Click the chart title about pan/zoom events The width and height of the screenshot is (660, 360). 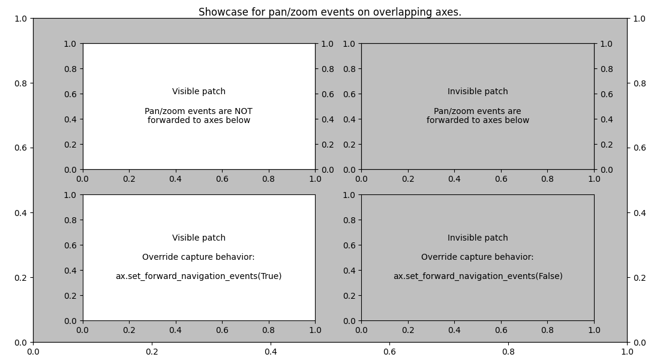(x=330, y=12)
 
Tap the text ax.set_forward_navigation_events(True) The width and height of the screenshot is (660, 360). (x=199, y=277)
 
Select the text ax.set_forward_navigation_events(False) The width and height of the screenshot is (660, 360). (x=478, y=277)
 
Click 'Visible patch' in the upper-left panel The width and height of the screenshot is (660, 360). (x=199, y=92)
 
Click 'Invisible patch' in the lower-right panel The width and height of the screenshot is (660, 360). (x=478, y=238)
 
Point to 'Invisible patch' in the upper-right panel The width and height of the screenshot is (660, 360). (x=478, y=92)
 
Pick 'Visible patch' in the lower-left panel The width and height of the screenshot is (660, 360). (x=199, y=238)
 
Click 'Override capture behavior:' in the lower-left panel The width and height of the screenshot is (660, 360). (x=199, y=257)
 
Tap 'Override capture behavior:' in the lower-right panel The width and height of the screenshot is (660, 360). (x=478, y=257)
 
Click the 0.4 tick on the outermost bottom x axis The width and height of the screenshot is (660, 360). (x=271, y=352)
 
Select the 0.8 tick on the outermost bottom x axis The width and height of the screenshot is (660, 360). (x=508, y=352)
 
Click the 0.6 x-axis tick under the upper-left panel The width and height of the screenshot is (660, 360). (x=222, y=179)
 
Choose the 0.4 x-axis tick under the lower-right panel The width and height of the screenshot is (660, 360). (x=454, y=330)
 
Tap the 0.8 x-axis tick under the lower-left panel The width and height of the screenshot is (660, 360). (x=268, y=330)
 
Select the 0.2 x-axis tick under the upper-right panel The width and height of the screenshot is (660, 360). (x=408, y=179)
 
